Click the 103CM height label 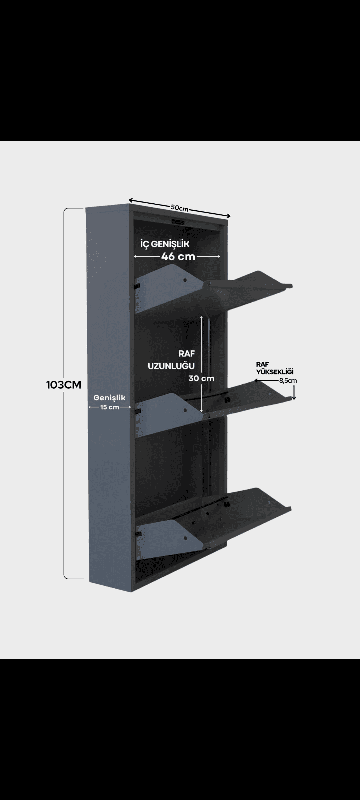64,385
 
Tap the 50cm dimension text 179,208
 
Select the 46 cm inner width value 178,256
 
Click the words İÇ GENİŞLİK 165,244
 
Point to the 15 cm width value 109,407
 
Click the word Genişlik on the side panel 109,398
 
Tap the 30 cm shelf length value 202,378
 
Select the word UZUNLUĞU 171,366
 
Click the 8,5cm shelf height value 288,380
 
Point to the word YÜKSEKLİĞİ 275,372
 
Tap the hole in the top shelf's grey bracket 185,280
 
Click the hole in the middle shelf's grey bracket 185,410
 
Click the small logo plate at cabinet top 178,222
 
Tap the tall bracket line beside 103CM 64,393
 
